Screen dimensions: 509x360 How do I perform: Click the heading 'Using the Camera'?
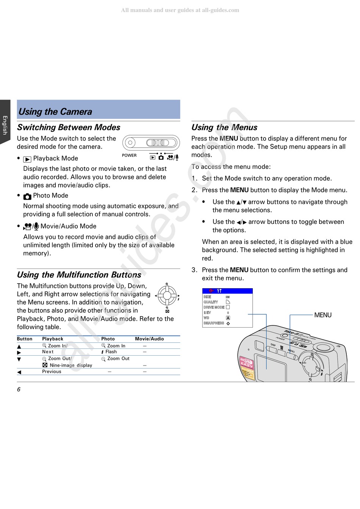tap(55, 112)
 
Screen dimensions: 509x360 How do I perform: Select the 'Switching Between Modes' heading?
tap(69, 128)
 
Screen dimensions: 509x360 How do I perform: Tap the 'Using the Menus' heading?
tap(224, 128)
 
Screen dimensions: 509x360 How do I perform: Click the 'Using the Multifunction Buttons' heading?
tap(79, 275)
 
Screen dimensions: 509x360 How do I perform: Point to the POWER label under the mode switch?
tap(129, 155)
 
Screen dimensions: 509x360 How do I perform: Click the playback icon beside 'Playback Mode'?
tap(27, 159)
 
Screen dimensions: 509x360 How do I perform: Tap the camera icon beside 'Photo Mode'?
tap(27, 197)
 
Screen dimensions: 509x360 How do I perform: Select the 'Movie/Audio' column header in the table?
tap(149, 339)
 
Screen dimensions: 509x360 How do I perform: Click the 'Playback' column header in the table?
tap(53, 339)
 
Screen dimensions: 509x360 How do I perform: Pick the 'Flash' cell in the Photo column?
tap(111, 352)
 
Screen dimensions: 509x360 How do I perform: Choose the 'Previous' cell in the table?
tap(52, 372)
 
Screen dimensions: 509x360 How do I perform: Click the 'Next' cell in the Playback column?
tap(48, 352)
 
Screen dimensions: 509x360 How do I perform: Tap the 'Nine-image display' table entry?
tap(71, 365)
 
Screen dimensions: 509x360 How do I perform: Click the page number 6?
tap(19, 390)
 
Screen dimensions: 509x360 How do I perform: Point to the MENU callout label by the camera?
tap(323, 315)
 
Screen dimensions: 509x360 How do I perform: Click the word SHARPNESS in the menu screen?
tap(214, 323)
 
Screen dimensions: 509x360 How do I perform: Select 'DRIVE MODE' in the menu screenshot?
tap(214, 308)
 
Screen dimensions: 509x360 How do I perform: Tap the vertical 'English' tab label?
tap(5, 125)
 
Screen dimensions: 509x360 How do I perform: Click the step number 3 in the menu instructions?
tap(194, 270)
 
